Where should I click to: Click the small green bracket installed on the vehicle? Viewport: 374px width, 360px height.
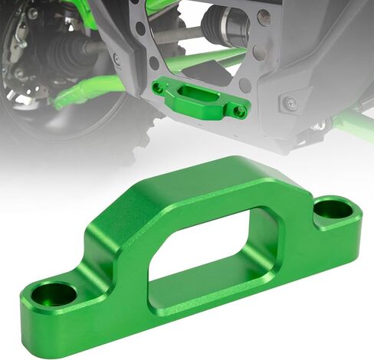199,100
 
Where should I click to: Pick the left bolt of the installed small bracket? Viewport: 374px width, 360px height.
159,88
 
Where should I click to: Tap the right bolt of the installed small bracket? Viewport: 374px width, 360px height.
240,111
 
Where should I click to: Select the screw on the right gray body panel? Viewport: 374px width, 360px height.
289,102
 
